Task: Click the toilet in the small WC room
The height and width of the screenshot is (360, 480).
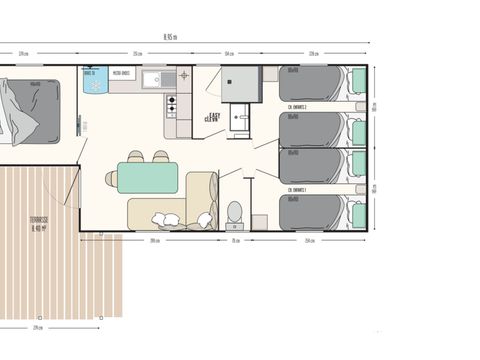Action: coord(234,212)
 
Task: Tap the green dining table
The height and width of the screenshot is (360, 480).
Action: coord(147,177)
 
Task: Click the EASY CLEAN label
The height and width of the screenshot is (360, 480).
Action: coord(212,116)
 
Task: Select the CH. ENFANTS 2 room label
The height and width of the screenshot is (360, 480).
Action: coord(297,106)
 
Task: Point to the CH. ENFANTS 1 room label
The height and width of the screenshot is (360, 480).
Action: coord(297,189)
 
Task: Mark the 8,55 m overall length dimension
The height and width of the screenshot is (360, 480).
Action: coord(171,37)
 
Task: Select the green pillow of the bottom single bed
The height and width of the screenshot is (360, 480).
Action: coord(358,214)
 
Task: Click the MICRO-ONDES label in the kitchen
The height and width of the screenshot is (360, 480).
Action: coord(123,73)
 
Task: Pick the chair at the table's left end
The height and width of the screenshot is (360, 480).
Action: coord(110,178)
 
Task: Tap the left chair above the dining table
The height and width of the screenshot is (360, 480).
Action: coord(136,156)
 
